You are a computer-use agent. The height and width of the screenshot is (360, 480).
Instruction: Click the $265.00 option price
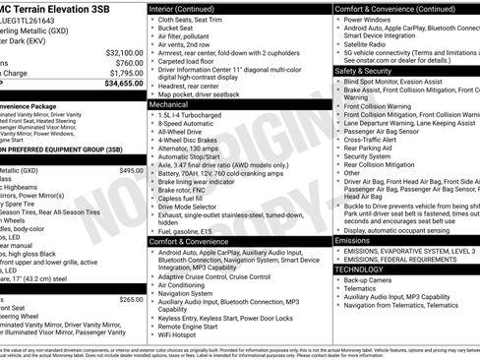(x=131, y=299)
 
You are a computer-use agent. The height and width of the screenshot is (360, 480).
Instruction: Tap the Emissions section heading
(x=353, y=240)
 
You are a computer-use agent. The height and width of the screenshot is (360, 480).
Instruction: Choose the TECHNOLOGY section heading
(x=359, y=269)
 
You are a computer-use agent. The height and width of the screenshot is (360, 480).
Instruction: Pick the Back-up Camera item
(x=369, y=279)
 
